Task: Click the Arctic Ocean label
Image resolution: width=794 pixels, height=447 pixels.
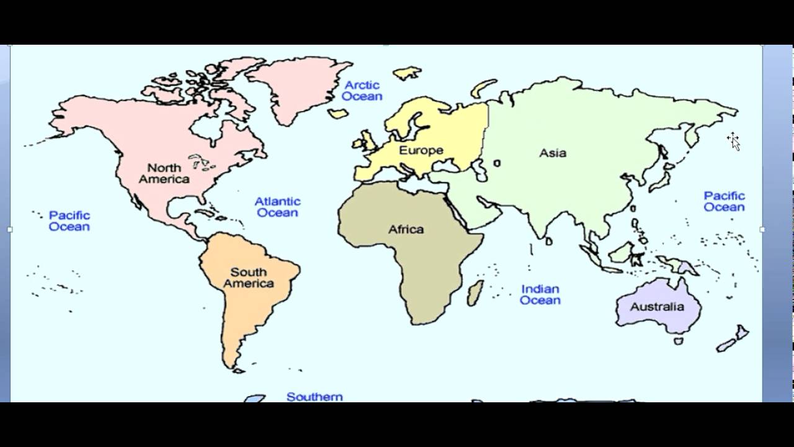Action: coord(362,91)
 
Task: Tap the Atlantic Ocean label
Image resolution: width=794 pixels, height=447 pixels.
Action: coord(277,207)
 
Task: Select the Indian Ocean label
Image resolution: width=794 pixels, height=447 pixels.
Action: coord(540,294)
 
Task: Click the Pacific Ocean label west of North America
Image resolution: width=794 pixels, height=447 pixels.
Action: coord(69,221)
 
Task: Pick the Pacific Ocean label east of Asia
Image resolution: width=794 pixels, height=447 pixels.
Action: coord(724,201)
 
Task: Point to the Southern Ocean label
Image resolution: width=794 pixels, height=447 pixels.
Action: coord(314,396)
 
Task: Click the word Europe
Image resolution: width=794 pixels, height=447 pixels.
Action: coord(421,150)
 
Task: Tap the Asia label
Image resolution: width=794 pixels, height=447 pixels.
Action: coord(552,153)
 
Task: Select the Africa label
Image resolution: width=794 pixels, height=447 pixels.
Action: coord(406,229)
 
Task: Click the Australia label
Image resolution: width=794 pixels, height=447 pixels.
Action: coord(657,307)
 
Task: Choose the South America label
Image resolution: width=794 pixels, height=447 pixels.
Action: coord(248,278)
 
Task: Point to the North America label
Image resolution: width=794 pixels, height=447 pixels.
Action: coord(164,173)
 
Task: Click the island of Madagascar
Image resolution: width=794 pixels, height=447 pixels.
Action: coord(475,292)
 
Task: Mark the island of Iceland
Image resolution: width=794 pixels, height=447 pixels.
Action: coord(338,114)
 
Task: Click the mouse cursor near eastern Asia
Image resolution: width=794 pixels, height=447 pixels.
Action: coord(734,140)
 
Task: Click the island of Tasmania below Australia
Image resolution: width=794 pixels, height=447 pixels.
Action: coord(679,341)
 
